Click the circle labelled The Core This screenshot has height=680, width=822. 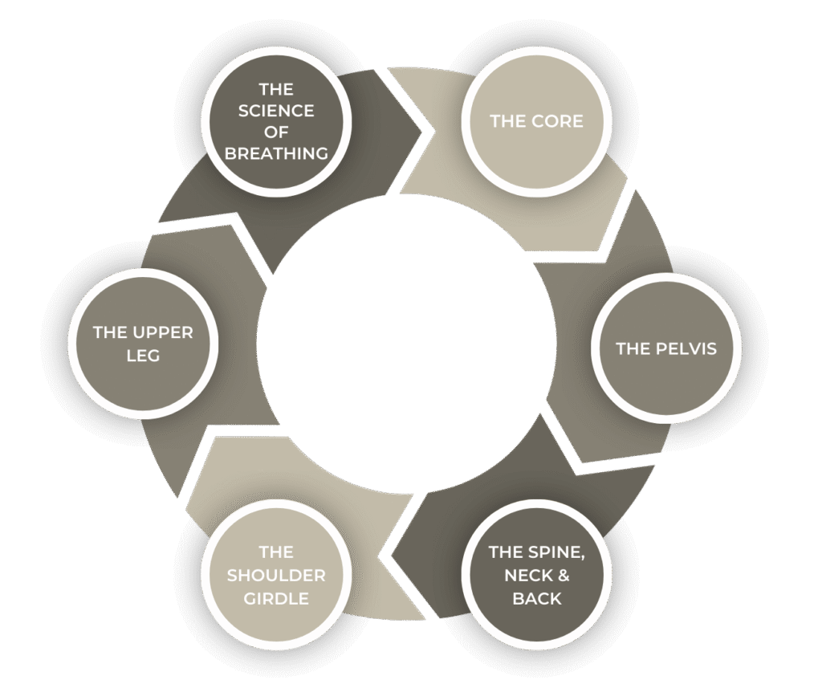536,121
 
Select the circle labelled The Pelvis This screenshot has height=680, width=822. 665,349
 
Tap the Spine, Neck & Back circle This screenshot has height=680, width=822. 536,575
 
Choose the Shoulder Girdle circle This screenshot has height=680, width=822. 276,575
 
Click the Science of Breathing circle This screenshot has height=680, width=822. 276,122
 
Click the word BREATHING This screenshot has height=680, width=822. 276,153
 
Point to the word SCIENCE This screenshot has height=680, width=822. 276,110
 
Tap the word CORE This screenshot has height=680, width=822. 556,121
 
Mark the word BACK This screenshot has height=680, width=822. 536,599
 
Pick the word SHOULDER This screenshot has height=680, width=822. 276,576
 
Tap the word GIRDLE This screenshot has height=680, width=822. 276,598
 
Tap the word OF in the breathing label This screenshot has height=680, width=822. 276,132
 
